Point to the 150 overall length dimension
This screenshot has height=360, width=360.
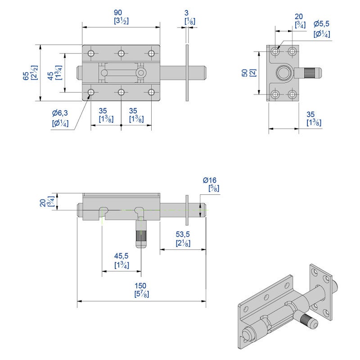pos(141,286)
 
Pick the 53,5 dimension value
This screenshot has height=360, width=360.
pos(182,234)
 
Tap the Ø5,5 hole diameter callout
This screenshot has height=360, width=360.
pos(322,23)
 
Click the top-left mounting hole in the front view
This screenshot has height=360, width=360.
pos(91,54)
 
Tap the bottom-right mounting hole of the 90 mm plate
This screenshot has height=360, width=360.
pos(151,93)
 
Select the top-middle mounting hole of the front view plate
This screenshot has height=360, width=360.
pos(121,54)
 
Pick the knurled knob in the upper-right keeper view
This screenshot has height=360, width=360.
pos(309,72)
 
